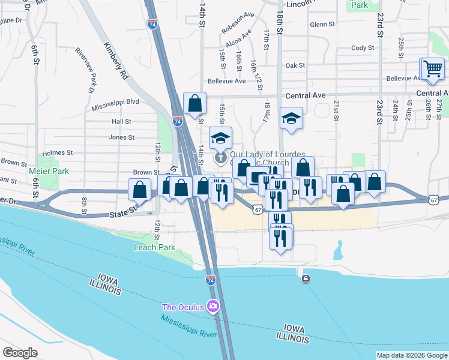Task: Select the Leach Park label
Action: (154, 247)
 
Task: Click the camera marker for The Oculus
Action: (212, 307)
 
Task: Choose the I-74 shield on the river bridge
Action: (210, 280)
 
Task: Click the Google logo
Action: (19, 353)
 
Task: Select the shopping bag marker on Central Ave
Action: (194, 104)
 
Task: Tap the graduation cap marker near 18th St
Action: (291, 118)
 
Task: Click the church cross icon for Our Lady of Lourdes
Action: (220, 158)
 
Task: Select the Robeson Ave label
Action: (238, 31)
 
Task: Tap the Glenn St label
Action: (322, 25)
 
